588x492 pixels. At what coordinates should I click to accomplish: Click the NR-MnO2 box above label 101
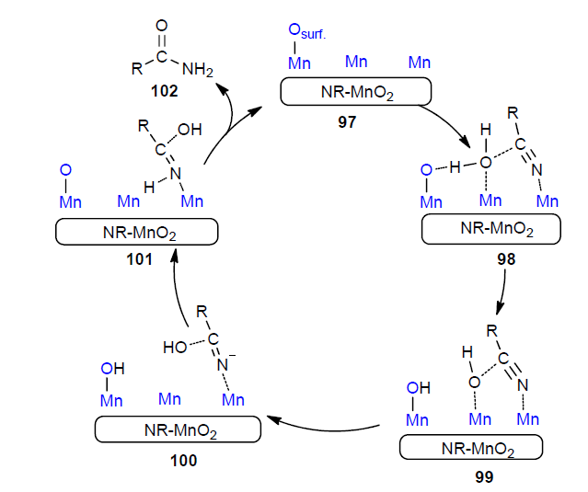pyautogui.click(x=137, y=233)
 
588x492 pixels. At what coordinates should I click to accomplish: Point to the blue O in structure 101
pyautogui.click(x=64, y=170)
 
